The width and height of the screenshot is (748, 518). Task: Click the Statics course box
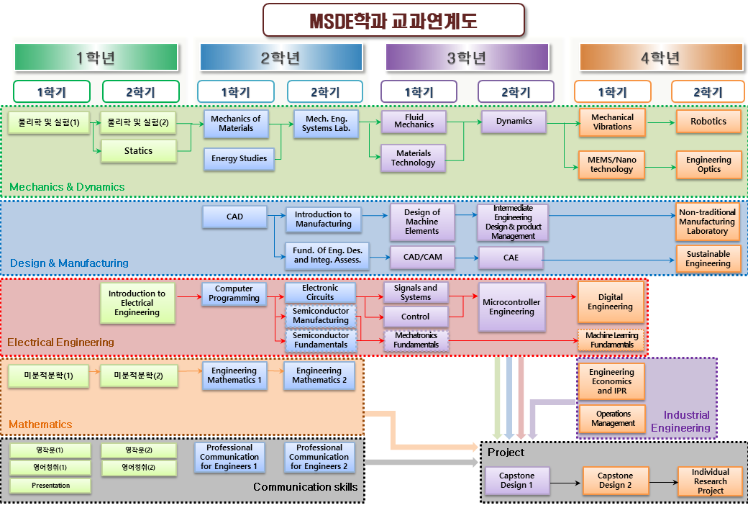coord(138,151)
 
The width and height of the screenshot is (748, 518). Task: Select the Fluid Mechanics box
coord(414,121)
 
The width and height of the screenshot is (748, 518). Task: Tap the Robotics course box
coord(708,122)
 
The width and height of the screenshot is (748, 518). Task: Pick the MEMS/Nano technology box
coord(612,165)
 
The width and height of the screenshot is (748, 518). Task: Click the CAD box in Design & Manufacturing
coord(234,217)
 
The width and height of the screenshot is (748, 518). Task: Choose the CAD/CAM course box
coord(422,257)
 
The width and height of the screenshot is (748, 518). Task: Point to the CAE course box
coord(511,258)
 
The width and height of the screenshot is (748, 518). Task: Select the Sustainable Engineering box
coord(708,259)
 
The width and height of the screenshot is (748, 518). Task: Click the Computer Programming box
coord(234,294)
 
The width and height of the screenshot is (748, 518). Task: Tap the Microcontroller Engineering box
coord(511,307)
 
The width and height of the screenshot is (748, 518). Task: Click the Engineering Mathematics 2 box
coord(319,376)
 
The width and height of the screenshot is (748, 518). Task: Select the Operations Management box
coord(613,419)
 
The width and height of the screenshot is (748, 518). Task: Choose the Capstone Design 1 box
coord(516,481)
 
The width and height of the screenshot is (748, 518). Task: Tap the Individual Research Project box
coord(710,481)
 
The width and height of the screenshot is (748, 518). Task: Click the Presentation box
coord(50,486)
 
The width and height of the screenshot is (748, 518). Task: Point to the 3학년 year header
coord(467,58)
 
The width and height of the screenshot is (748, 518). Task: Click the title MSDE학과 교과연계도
coord(393,20)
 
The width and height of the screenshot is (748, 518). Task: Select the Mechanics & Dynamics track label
coord(67,187)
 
